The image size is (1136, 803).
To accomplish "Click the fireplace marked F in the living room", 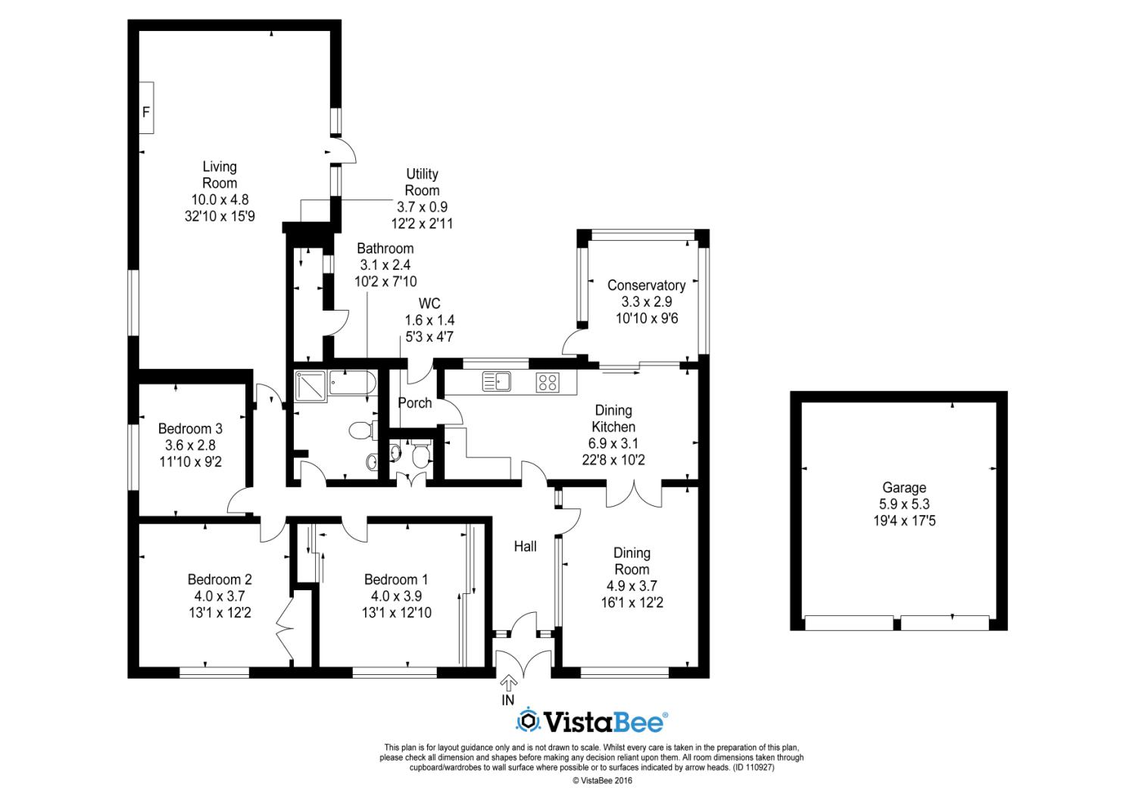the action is [x=147, y=108].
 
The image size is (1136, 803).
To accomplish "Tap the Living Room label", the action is [x=220, y=174].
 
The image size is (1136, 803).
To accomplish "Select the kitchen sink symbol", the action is [x=497, y=382].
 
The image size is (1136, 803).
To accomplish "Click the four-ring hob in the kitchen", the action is [x=548, y=383].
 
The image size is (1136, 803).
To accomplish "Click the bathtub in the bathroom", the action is [x=352, y=383].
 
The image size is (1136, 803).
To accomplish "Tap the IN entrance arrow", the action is [x=509, y=683].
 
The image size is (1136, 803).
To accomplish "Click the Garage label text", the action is [x=904, y=487].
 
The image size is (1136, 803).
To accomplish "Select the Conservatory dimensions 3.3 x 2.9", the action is [x=647, y=302].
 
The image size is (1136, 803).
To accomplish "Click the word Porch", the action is [x=415, y=403].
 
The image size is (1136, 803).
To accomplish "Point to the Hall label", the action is [x=526, y=546].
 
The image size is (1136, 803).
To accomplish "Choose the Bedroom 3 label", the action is [x=190, y=429].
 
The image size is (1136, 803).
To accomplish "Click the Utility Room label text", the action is [x=422, y=182].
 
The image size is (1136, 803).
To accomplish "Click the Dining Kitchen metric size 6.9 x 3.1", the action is [x=613, y=443].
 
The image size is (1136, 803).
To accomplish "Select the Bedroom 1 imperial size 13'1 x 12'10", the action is [x=397, y=613].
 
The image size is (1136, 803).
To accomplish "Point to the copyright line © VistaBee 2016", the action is [x=603, y=781].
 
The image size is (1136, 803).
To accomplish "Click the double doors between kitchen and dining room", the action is [x=634, y=494].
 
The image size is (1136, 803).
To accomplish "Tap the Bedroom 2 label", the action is [x=220, y=580].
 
